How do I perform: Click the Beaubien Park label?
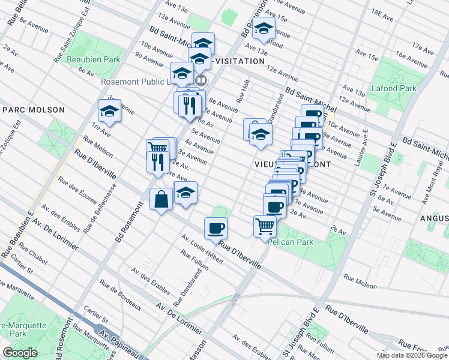click(x=94, y=59)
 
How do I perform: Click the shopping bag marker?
click(x=161, y=200)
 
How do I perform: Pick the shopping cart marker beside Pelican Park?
click(x=265, y=227)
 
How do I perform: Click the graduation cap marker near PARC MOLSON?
click(x=109, y=110)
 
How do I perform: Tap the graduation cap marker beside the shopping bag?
click(x=185, y=193)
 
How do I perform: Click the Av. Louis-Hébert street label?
click(x=203, y=251)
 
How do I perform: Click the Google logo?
click(x=20, y=353)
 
